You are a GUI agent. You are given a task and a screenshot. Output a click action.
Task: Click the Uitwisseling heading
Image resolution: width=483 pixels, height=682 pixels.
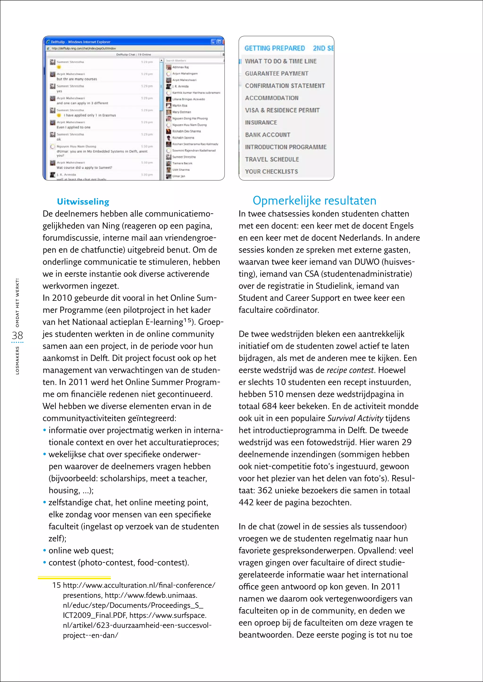click(83, 202)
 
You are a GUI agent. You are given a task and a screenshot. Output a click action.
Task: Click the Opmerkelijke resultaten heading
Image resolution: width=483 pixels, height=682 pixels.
click(314, 201)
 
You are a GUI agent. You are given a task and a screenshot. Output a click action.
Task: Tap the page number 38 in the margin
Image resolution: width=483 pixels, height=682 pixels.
click(17, 336)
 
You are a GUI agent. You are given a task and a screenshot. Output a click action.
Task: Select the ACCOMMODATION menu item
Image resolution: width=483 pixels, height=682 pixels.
click(271, 98)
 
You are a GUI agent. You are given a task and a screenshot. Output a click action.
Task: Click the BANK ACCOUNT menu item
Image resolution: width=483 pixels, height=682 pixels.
click(267, 135)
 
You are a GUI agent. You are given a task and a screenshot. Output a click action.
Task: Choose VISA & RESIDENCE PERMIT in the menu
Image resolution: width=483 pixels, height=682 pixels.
click(282, 110)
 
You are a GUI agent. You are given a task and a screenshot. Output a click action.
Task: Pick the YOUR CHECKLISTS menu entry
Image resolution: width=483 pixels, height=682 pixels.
click(271, 172)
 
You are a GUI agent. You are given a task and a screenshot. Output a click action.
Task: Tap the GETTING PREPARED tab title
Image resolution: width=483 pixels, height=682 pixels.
click(275, 48)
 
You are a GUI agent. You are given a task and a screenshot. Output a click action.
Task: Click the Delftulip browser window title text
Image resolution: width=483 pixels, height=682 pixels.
click(80, 42)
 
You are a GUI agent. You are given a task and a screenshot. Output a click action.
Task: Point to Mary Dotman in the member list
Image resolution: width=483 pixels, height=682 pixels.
click(181, 112)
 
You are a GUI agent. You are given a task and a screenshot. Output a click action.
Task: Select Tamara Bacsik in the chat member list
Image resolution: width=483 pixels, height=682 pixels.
click(182, 163)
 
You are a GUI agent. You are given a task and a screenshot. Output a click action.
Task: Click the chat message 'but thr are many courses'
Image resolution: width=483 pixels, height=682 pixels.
click(77, 79)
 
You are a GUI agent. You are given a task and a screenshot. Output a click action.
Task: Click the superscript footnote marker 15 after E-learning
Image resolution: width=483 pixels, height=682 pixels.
click(187, 320)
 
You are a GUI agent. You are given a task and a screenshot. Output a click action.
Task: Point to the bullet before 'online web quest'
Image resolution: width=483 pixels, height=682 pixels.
click(45, 551)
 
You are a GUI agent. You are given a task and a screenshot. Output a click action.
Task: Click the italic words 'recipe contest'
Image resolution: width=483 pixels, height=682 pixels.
click(350, 370)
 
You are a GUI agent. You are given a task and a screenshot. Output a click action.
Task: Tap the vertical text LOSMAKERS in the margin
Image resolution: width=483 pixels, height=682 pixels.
click(17, 360)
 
